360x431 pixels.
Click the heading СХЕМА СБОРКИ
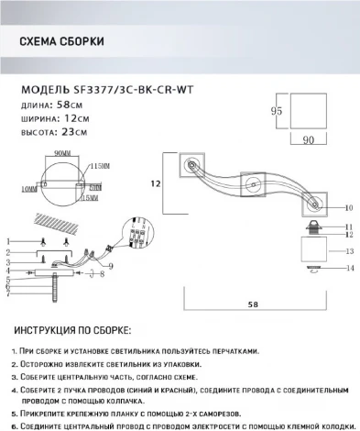(x=60, y=43)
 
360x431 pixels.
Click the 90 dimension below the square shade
(x=309, y=140)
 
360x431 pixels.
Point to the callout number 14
(x=349, y=268)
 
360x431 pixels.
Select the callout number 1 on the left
(x=8, y=238)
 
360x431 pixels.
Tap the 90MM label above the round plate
(x=63, y=151)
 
